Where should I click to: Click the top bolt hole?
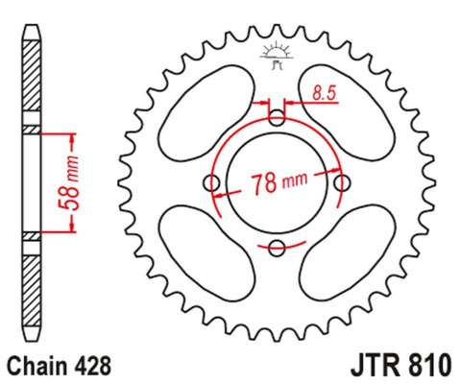click(277, 118)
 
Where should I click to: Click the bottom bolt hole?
click(277, 249)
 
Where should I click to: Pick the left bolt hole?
click(211, 183)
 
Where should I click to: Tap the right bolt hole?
click(342, 183)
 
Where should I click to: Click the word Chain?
click(36, 367)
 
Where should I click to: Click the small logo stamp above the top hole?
click(277, 55)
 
